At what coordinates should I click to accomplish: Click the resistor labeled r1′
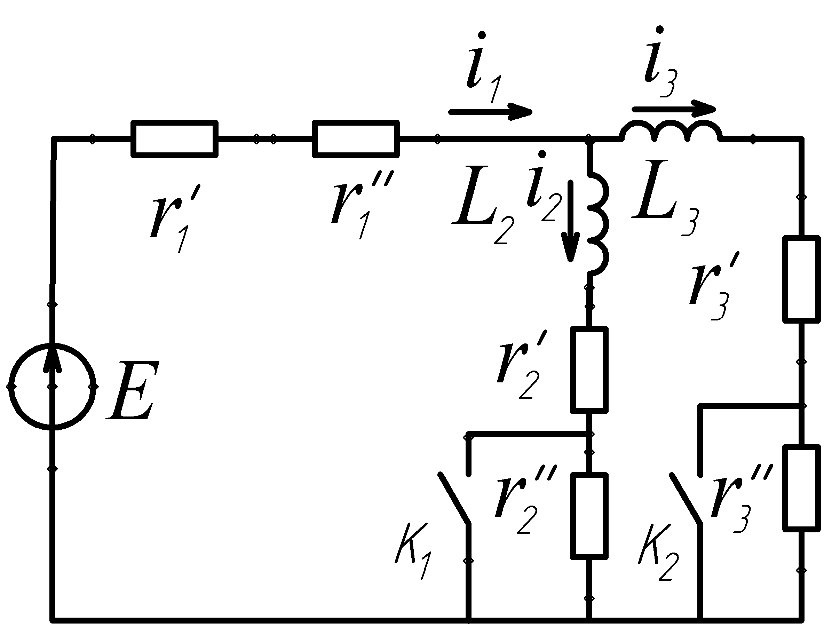pos(174,139)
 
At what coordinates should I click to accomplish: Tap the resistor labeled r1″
pos(356,139)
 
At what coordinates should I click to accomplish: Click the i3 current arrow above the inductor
pos(674,109)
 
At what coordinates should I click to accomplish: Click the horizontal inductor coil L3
pos(671,133)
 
